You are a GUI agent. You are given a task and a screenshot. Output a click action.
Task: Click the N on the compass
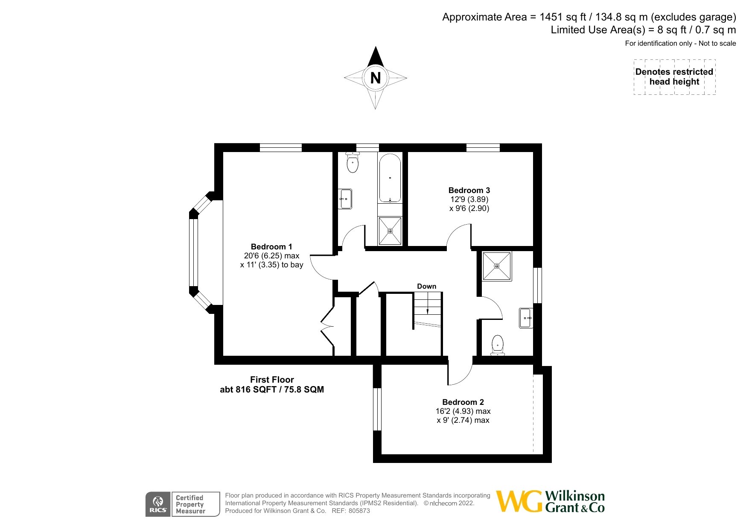[376, 78]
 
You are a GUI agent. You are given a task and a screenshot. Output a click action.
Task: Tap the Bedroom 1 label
[271, 247]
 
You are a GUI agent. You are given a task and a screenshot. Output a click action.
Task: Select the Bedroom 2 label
[463, 402]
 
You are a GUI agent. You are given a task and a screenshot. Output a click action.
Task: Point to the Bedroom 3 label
[469, 190]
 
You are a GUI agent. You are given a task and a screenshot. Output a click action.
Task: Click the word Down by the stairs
[427, 287]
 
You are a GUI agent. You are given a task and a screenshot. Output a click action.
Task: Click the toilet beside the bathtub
[353, 163]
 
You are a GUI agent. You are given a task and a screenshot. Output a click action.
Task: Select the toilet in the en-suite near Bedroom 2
[498, 345]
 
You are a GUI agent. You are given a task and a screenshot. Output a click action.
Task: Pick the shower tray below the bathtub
[390, 231]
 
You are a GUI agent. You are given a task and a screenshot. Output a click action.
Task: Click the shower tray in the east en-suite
[497, 266]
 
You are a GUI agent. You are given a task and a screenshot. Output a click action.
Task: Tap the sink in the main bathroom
[345, 199]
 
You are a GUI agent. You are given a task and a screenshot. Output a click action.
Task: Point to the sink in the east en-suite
[526, 318]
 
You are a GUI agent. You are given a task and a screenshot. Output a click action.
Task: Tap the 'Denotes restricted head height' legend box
[674, 77]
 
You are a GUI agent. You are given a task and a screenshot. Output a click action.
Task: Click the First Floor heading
[272, 380]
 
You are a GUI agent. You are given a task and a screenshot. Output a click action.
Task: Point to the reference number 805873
[359, 511]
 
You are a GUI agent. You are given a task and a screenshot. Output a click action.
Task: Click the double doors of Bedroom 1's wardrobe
[327, 326]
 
